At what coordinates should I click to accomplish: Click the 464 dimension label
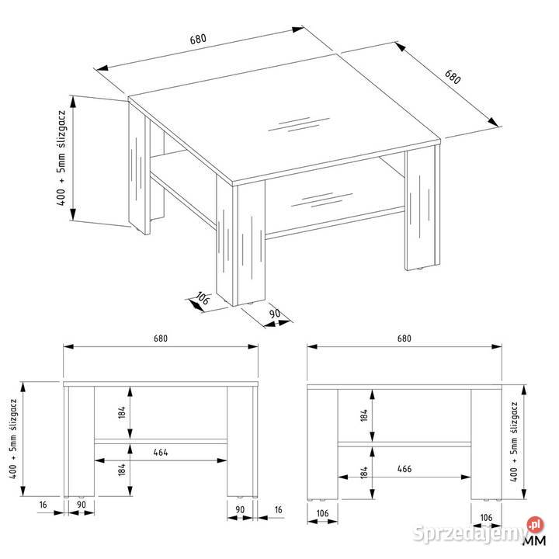(161, 452)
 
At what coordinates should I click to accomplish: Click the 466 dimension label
(404, 468)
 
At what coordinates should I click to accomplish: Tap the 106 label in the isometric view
(202, 298)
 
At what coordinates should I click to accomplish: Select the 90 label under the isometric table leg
(275, 314)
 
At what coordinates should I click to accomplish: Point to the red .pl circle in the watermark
(536, 525)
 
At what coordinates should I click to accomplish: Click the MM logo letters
(535, 540)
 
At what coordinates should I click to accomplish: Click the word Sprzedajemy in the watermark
(470, 533)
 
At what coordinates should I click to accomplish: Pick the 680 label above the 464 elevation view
(161, 338)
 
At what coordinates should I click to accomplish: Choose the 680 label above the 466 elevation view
(404, 338)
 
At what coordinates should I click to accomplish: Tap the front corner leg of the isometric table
(241, 242)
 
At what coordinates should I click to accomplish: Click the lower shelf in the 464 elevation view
(161, 441)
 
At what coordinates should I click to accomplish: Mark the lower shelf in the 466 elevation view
(404, 444)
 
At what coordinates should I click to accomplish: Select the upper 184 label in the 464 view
(122, 412)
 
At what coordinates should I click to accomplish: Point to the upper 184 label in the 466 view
(363, 415)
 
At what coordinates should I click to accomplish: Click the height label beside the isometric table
(61, 158)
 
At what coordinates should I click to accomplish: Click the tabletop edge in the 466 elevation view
(404, 387)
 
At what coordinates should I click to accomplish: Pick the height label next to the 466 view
(514, 442)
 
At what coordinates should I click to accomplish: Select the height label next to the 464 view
(13, 439)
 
